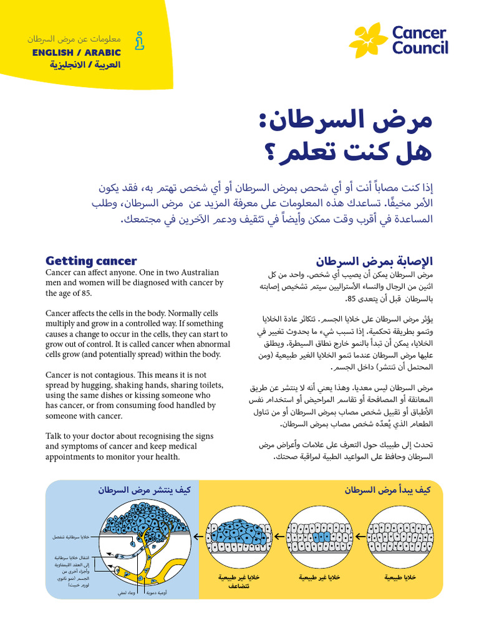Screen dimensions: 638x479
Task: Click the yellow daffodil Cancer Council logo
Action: pos(369,40)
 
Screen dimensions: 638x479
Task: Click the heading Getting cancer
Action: pos(91,261)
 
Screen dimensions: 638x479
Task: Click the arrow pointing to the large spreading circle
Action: pos(196,536)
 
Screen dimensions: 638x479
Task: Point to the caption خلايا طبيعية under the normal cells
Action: pos(400,578)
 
